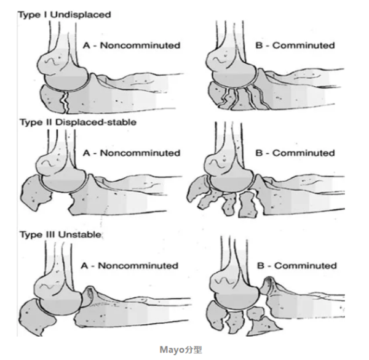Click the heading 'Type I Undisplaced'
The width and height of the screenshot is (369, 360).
tap(65, 15)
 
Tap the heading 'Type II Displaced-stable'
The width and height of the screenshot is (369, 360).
tap(78, 122)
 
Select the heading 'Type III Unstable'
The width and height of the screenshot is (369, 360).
tap(60, 234)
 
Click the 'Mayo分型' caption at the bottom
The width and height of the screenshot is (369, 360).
tap(181, 350)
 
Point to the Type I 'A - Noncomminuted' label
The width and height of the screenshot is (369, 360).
tap(132, 45)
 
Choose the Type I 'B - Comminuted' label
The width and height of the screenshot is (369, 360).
tap(295, 45)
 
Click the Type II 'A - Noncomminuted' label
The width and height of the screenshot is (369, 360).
tap(132, 153)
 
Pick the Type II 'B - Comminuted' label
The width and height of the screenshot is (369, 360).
tap(295, 153)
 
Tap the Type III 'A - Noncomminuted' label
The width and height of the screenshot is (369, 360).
tap(129, 266)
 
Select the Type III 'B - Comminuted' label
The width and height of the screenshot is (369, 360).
tap(297, 266)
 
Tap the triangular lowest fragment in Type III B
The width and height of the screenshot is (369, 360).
tap(264, 327)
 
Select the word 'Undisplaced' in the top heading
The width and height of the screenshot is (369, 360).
tap(81, 15)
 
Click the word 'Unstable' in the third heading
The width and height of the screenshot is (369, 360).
tap(80, 234)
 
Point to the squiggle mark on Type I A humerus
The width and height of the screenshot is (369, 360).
tap(53, 62)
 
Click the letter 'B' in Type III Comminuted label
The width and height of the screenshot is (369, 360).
tap(261, 266)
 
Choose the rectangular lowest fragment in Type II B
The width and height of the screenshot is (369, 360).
tap(248, 204)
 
